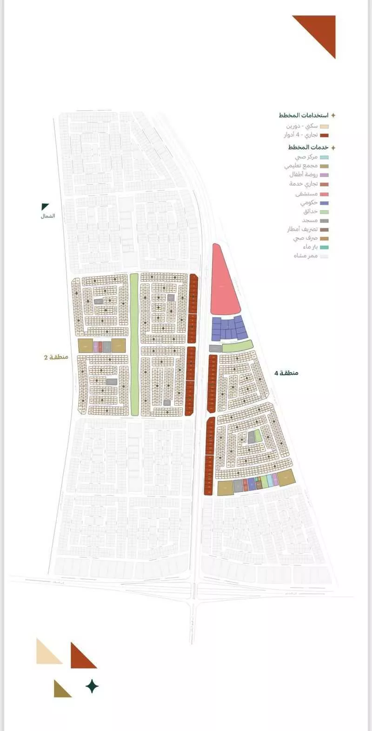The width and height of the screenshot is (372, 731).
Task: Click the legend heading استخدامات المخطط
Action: (x=304, y=115)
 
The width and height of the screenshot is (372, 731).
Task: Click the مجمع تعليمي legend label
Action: (x=301, y=166)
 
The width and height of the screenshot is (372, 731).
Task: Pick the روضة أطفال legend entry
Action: (x=303, y=175)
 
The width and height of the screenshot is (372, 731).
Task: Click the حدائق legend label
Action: (x=311, y=212)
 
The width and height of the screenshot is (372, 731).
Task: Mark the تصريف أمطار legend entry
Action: (x=302, y=229)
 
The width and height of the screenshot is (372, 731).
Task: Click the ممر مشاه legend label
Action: (x=306, y=256)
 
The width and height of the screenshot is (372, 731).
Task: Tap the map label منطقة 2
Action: (x=56, y=357)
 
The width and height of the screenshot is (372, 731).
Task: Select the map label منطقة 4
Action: (x=286, y=373)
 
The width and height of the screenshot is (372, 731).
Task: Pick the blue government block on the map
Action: (x=228, y=328)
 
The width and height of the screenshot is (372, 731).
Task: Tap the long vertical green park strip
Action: (x=134, y=344)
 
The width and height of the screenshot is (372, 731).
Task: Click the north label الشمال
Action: (x=47, y=216)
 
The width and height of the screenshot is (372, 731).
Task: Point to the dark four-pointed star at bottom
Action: (x=92, y=686)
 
